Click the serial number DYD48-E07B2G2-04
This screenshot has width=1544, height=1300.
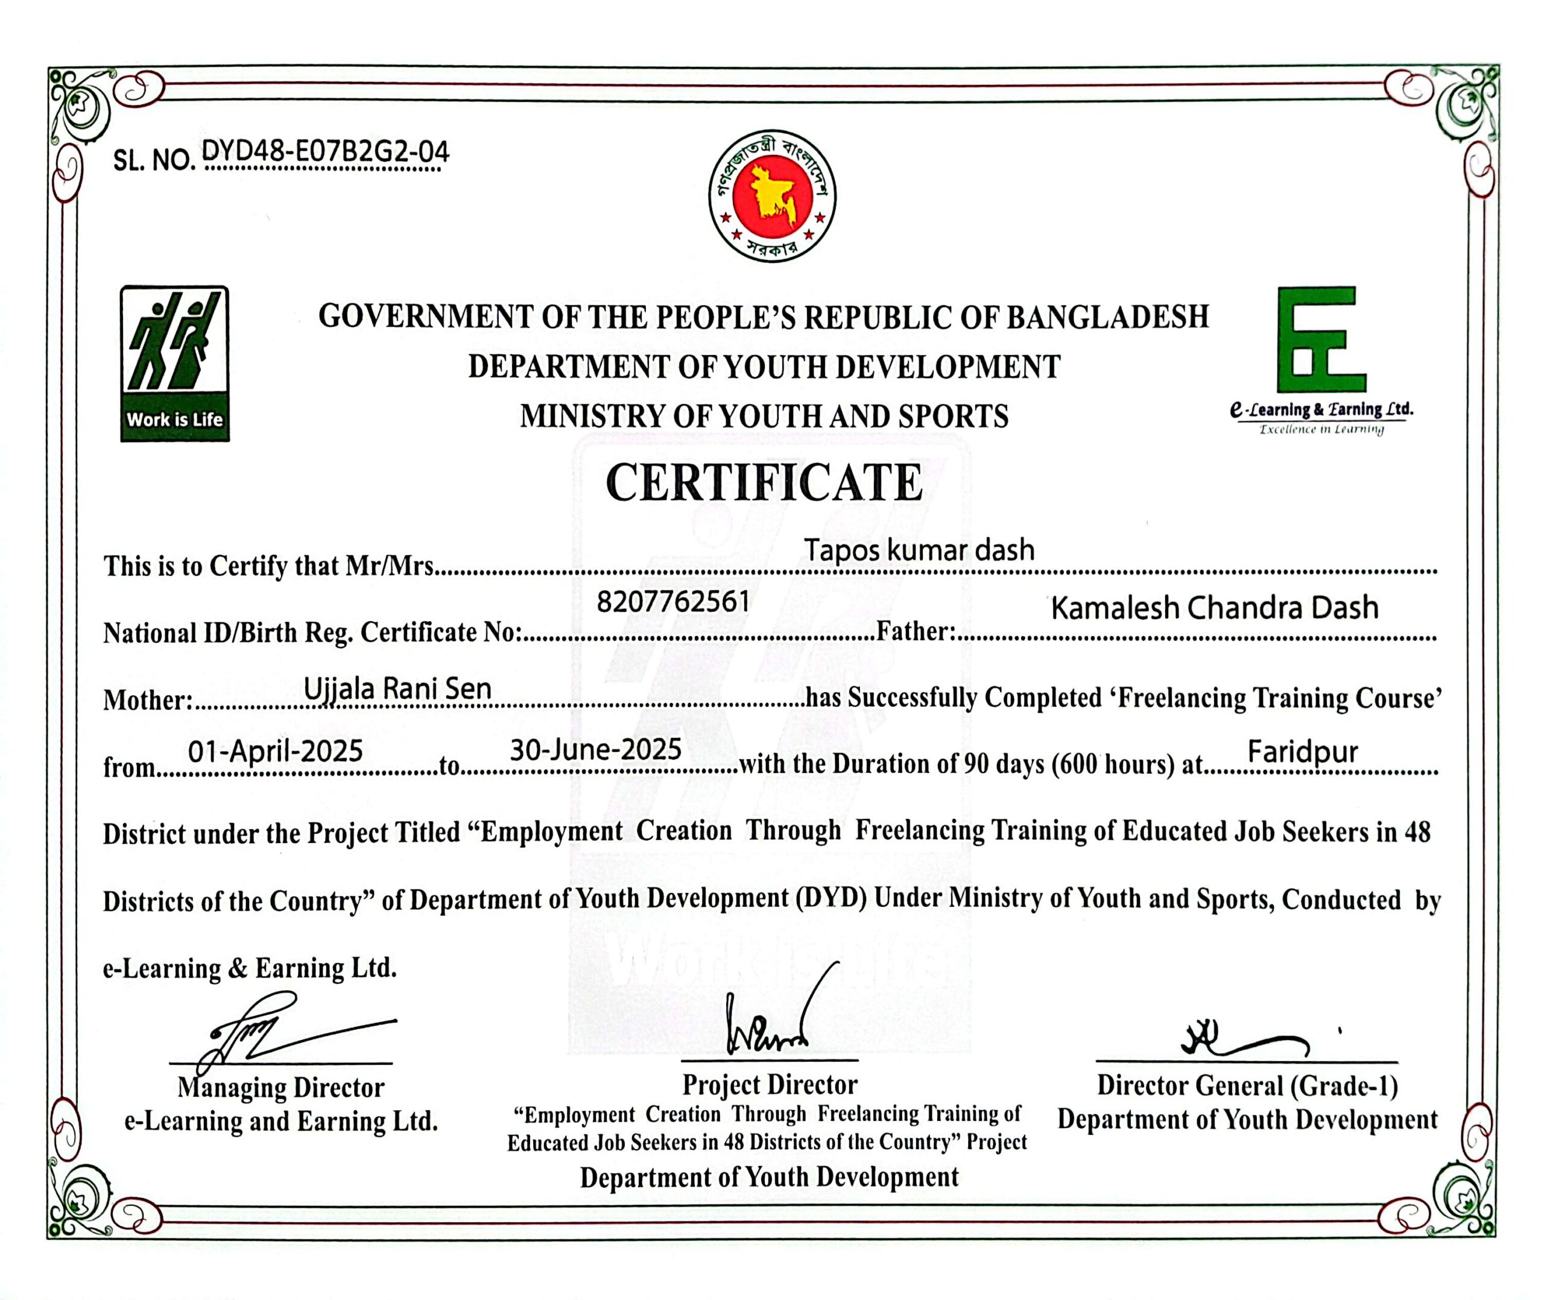click(x=325, y=152)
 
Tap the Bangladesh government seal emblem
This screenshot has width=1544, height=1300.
click(x=771, y=195)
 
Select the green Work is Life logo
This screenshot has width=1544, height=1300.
click(x=175, y=364)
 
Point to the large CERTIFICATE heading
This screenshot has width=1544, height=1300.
click(x=764, y=483)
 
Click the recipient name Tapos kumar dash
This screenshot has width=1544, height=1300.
click(x=919, y=550)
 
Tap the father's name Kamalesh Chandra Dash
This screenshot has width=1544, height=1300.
click(x=1214, y=608)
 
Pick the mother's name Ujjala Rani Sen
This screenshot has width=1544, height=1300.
click(x=397, y=689)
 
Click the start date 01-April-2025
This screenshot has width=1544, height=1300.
click(x=276, y=751)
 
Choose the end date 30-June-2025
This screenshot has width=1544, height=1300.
click(x=595, y=749)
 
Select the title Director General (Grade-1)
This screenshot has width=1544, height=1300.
click(x=1247, y=1085)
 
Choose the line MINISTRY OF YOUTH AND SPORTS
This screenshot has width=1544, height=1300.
click(x=764, y=417)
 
